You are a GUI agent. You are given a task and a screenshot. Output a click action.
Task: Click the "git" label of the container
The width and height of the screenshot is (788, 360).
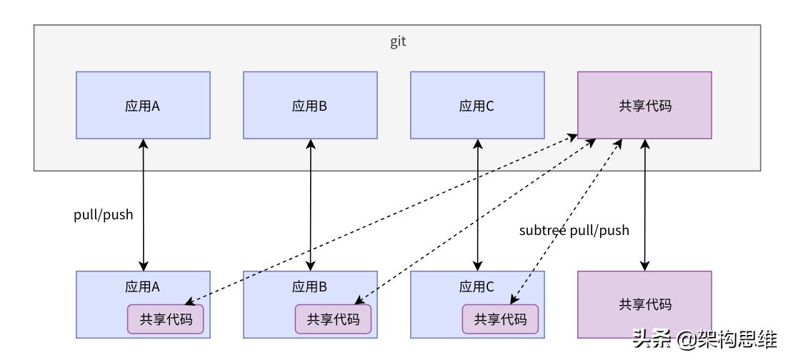[x=398, y=41]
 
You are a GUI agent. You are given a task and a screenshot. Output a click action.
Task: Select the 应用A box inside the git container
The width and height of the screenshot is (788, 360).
[x=143, y=105]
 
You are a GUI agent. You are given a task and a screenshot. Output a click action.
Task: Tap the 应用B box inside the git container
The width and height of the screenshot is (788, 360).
[x=310, y=105]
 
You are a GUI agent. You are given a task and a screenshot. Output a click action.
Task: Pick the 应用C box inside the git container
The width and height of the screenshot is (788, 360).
[x=477, y=105]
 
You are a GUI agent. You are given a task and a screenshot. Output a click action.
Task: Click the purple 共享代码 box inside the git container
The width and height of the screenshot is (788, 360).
[x=644, y=105]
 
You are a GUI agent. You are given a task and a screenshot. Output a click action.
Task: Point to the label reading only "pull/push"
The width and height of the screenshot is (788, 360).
[x=104, y=214]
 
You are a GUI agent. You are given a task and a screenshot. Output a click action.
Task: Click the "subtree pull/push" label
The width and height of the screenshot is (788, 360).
[x=574, y=230]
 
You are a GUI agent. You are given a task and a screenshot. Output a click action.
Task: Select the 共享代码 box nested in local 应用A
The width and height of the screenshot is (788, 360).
[x=166, y=319]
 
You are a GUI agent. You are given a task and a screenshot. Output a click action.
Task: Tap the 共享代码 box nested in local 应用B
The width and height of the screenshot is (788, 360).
[x=333, y=319]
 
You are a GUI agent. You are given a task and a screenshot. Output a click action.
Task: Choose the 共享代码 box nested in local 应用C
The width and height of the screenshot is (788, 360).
[x=500, y=319]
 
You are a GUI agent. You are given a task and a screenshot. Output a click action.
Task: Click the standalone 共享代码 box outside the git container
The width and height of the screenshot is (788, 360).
[x=644, y=304]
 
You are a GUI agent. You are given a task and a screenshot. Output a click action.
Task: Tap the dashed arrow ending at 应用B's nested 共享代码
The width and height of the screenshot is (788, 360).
[x=472, y=223]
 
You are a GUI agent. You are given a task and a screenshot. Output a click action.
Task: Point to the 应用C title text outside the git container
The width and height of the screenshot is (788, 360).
[x=477, y=286]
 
